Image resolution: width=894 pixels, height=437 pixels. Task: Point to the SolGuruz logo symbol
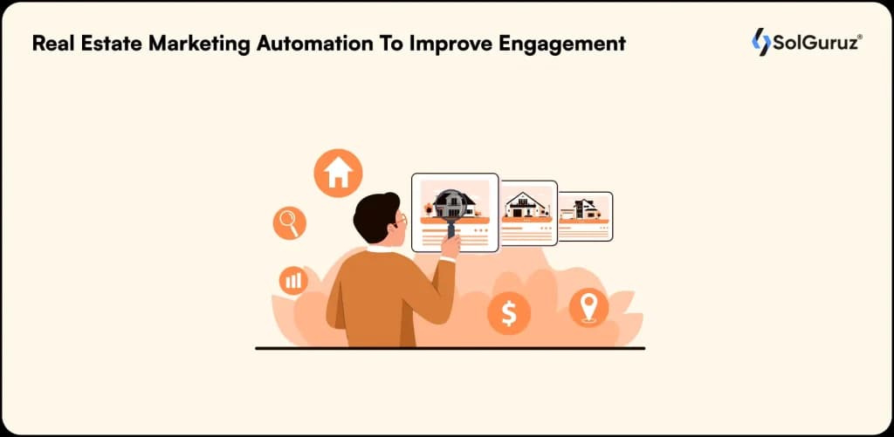point(760,42)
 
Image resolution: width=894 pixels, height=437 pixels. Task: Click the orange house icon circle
point(338,173)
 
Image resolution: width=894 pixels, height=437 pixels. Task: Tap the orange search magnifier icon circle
point(289,222)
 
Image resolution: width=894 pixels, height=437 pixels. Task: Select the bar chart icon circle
point(292,280)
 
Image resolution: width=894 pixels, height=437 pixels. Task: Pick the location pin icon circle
point(588,308)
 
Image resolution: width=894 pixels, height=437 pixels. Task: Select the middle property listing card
point(528,212)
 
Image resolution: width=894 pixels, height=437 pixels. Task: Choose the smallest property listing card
point(586,215)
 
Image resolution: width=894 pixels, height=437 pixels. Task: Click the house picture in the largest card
point(455,203)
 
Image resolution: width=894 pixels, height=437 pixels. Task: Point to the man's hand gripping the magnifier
point(450,245)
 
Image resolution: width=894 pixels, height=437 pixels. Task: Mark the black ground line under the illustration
point(450,348)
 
